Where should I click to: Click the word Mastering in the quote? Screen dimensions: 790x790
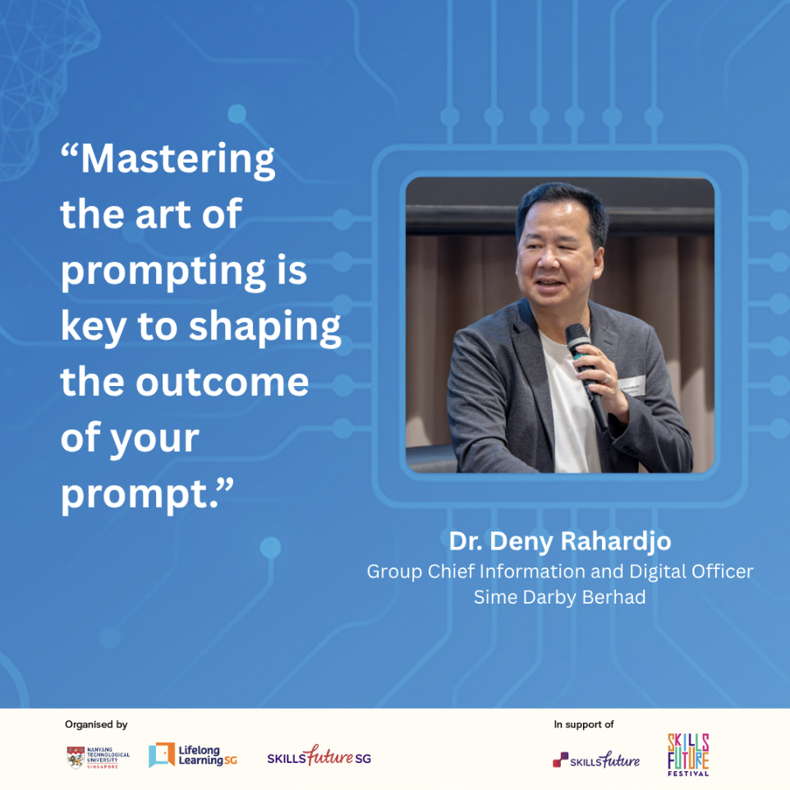pos(178,160)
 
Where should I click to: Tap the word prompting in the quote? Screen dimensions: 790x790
pos(163,272)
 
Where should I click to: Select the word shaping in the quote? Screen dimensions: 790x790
pos(265,328)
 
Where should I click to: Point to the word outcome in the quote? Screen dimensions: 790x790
pos(223,382)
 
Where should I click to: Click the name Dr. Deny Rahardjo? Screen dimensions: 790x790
pos(560,542)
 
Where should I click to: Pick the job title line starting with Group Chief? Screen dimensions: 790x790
pos(560,572)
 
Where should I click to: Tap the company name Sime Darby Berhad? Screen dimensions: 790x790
pos(560,597)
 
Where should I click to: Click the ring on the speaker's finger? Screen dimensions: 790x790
pos(609,378)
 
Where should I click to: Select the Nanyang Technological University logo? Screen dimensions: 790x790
pos(99,757)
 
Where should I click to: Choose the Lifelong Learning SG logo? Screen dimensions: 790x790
pos(192,756)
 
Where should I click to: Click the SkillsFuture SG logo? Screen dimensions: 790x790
pos(319,756)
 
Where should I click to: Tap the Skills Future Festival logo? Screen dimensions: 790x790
pos(688,755)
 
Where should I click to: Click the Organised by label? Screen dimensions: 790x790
pos(96,724)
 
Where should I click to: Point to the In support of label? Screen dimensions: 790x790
pos(584,724)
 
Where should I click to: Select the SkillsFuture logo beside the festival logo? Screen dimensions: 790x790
pos(596,759)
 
